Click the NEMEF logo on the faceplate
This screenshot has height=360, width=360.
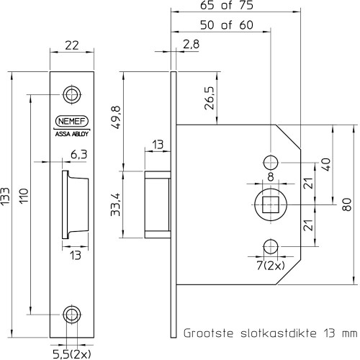(72, 121)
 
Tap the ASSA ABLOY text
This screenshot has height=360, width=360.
(72, 134)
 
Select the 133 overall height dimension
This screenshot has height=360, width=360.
(5, 197)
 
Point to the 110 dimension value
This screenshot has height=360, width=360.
(24, 196)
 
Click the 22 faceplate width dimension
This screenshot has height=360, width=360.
(72, 45)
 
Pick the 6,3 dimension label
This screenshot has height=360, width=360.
(79, 155)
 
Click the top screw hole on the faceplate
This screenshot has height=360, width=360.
(72, 94)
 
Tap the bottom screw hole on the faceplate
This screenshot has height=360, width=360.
(72, 314)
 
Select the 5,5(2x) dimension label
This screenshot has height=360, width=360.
(72, 354)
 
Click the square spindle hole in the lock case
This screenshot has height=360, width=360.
(271, 204)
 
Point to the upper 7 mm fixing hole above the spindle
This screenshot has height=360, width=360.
(271, 163)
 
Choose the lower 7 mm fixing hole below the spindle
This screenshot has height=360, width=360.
(271, 246)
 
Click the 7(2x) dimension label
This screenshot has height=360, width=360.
(271, 266)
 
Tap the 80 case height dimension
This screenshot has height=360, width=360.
(347, 204)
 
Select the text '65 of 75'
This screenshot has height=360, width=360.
(227, 5)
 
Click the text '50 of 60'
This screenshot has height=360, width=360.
(227, 25)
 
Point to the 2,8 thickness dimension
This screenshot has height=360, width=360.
(192, 45)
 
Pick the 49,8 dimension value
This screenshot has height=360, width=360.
(117, 117)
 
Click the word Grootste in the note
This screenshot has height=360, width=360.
(208, 333)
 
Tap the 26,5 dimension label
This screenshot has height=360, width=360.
(209, 98)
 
